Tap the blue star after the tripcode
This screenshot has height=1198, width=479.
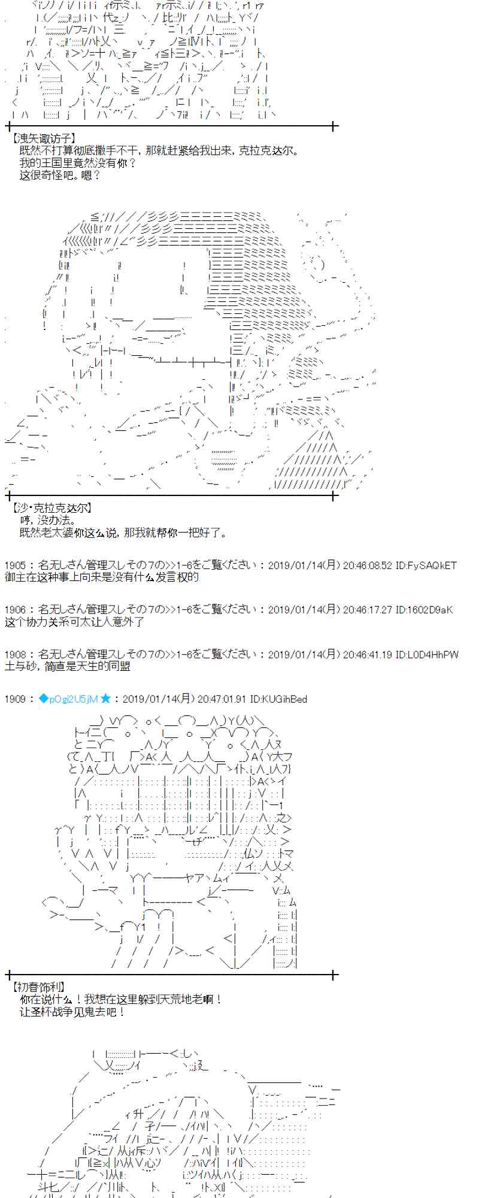click(105, 698)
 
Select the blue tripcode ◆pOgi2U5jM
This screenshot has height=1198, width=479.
click(68, 699)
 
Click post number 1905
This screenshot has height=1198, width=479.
click(15, 565)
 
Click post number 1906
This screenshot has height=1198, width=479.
click(15, 610)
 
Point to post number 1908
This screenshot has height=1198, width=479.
click(15, 654)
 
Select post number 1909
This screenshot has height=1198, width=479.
click(15, 699)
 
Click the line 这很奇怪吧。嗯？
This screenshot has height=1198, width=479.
click(60, 175)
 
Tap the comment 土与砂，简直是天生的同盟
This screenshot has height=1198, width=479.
click(67, 666)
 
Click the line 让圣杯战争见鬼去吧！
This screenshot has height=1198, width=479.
click(72, 1012)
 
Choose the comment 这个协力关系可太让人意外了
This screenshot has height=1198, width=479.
click(74, 622)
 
